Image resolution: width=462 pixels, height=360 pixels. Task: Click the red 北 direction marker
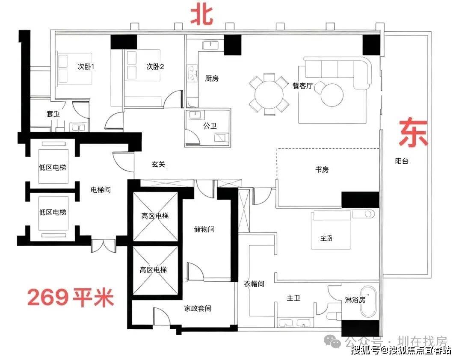tap(202, 15)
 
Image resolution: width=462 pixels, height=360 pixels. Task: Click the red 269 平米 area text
tap(71, 297)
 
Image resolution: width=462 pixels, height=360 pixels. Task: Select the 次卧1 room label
tap(86, 67)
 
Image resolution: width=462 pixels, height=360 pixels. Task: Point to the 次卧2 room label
tap(155, 67)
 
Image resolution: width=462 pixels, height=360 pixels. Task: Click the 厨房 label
tap(212, 78)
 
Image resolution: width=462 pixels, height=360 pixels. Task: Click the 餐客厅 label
tap(302, 86)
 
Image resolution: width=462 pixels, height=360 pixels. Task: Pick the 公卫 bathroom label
tap(210, 126)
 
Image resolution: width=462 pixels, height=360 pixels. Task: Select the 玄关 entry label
tap(158, 164)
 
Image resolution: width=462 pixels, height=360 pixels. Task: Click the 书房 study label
tap(322, 170)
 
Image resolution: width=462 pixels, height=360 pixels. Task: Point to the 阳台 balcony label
tap(402, 161)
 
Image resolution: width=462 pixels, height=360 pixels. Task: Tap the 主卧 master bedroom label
tap(326, 238)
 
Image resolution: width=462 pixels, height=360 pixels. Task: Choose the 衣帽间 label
tap(254, 284)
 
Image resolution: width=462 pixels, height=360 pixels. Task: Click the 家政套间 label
tap(198, 308)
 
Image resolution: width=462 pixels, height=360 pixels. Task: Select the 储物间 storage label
tap(204, 229)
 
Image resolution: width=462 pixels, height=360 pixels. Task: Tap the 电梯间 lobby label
tap(101, 190)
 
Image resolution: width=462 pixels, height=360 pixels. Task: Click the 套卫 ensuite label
tap(53, 113)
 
